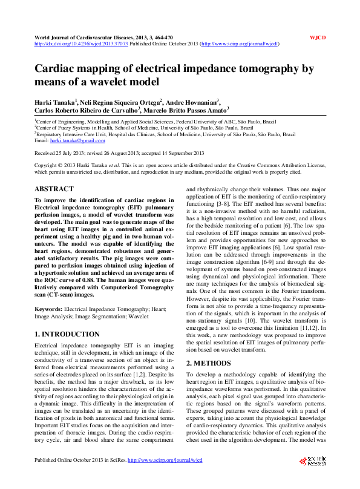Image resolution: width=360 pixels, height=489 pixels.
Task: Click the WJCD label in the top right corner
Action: tap(318, 38)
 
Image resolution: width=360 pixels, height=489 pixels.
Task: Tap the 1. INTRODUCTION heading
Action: tap(67, 333)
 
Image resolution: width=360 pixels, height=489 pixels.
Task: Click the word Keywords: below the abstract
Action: tap(48, 308)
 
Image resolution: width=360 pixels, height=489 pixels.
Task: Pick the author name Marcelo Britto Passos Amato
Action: tap(186, 111)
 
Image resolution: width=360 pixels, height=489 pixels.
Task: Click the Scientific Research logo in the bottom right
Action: tap(312, 462)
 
